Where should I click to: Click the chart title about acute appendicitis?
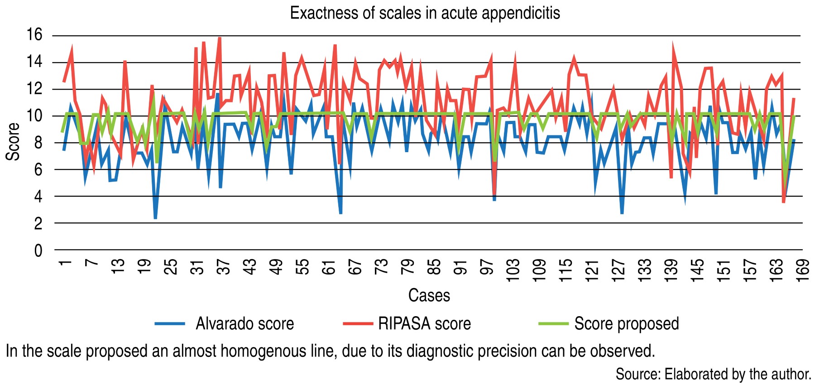point(425,13)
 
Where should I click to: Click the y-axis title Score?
point(13,141)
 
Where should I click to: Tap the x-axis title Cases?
point(429,295)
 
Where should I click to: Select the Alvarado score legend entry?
point(244,324)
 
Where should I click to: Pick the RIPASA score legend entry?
point(424,324)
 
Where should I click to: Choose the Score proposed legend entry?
point(626,324)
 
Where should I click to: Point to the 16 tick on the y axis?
point(34,35)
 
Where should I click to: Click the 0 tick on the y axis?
point(38,250)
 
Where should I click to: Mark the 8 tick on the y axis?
point(38,143)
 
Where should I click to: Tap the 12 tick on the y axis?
point(34,89)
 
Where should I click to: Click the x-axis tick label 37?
point(224,266)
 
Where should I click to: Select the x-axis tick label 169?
point(802,270)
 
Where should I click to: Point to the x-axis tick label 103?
point(513,270)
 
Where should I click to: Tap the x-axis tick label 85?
point(434,266)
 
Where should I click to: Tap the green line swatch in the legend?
point(553,324)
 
